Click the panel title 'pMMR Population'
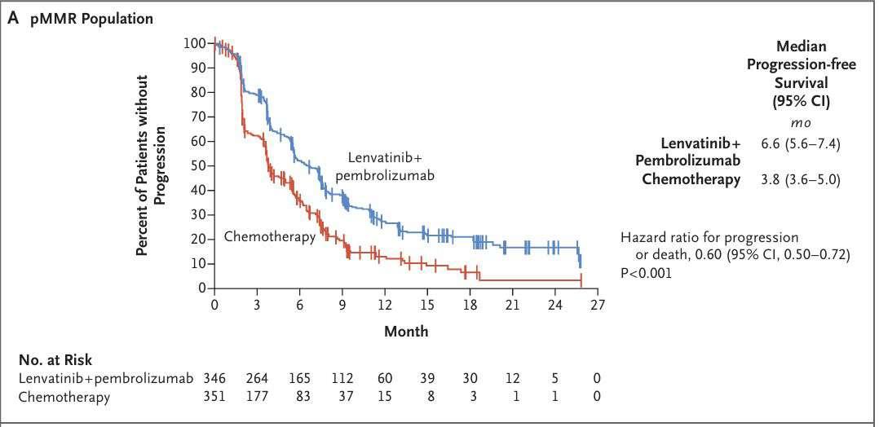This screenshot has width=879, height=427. (91, 19)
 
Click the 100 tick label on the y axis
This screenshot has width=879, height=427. (197, 42)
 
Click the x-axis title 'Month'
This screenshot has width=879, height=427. (406, 332)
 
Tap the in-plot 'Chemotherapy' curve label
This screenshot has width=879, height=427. (269, 236)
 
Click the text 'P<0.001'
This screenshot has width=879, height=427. (647, 273)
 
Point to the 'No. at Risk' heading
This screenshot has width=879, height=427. (55, 360)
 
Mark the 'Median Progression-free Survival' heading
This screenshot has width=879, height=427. (801, 73)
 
